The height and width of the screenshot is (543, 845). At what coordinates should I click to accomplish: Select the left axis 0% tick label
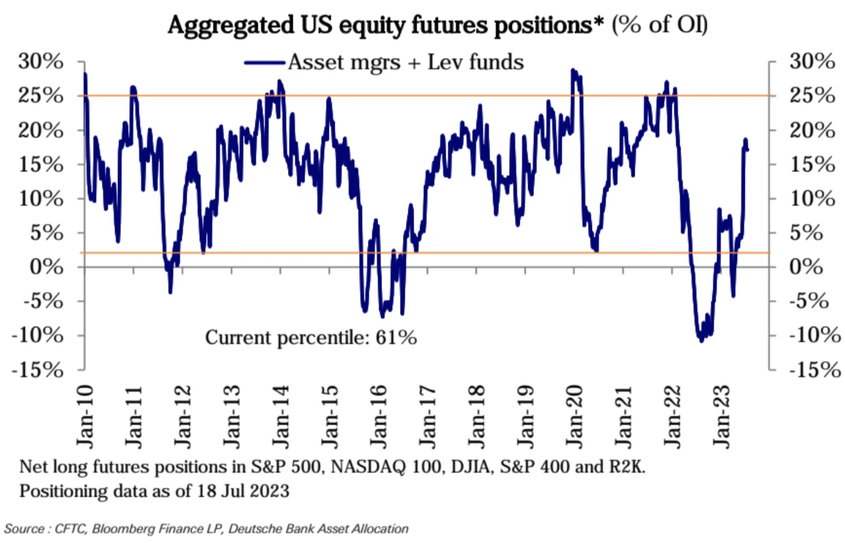coord(52,267)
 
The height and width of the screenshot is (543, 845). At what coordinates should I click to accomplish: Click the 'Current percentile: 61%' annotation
coord(311,337)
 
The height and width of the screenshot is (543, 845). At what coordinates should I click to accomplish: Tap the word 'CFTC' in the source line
coord(66,529)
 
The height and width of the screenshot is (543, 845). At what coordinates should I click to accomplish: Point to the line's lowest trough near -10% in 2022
coord(701,340)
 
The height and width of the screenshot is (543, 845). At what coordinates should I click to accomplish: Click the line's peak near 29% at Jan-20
coord(573,70)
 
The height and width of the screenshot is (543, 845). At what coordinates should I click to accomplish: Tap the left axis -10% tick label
coord(45,335)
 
